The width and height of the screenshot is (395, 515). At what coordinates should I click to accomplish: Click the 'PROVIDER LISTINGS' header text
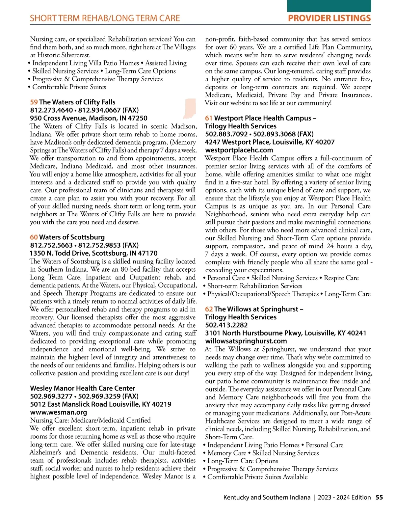pyautogui.click(x=329, y=18)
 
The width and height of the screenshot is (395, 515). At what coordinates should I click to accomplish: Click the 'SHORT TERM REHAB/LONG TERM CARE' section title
pyautogui.click(x=105, y=18)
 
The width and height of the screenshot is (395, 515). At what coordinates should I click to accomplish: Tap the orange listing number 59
pyautogui.click(x=34, y=102)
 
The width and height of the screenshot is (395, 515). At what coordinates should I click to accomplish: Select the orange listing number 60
pyautogui.click(x=34, y=237)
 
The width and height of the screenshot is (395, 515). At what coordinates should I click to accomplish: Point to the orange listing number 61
pyautogui.click(x=209, y=118)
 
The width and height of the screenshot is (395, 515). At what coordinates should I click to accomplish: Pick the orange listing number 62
pyautogui.click(x=209, y=309)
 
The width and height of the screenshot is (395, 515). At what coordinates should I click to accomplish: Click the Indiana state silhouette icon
pyautogui.click(x=190, y=108)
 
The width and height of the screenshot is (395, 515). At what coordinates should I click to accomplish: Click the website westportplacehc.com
pyautogui.click(x=239, y=150)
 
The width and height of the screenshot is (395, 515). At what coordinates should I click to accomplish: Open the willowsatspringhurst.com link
pyautogui.click(x=246, y=341)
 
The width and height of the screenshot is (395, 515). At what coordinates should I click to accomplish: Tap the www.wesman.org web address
pyautogui.click(x=59, y=412)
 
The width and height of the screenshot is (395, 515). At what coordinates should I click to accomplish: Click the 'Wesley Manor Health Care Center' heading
pyautogui.click(x=83, y=388)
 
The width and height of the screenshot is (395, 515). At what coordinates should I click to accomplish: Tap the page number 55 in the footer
pyautogui.click(x=379, y=497)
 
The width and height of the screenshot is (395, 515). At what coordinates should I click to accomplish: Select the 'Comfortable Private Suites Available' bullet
pyautogui.click(x=257, y=477)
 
